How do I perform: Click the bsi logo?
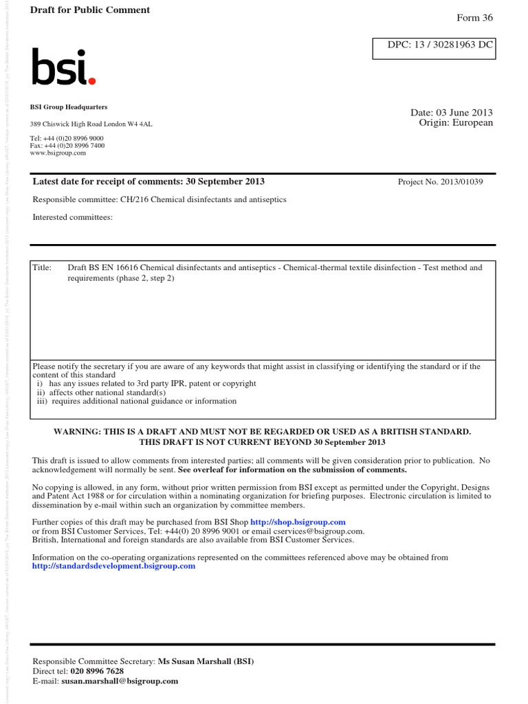pos(63,67)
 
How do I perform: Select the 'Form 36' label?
pos(474,18)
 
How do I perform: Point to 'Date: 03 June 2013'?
pos(451,113)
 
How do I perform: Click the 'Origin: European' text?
pos(456,123)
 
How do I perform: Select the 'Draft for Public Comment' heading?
pos(90,10)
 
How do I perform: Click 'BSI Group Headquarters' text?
pos(69,107)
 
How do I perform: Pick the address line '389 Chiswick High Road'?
pos(91,124)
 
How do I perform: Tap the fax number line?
pos(67,146)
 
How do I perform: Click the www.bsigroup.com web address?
pos(58,153)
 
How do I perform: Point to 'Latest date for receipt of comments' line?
pos(148,181)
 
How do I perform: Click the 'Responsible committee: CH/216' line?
pos(159,199)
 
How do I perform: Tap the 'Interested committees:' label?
pos(72,217)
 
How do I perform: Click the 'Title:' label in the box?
pos(43,267)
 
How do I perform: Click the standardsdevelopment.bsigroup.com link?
pos(113,566)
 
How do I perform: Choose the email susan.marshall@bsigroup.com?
pos(120,681)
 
